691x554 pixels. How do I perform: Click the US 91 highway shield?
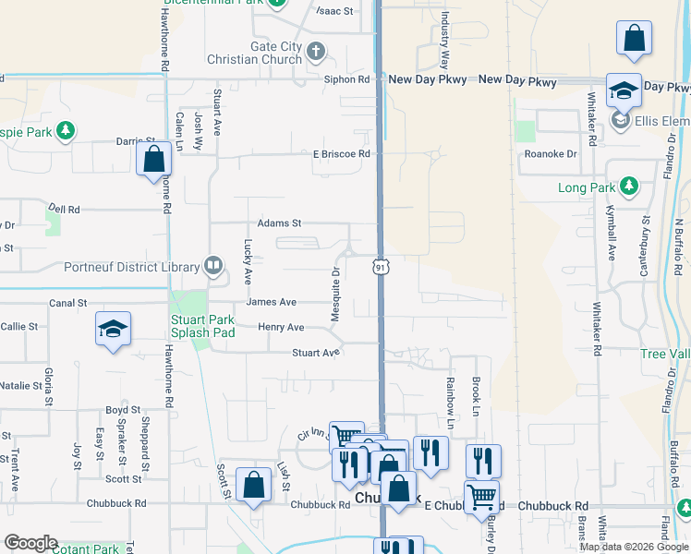380,266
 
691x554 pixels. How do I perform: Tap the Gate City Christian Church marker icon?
316,51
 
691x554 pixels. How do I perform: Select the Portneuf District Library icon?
213,266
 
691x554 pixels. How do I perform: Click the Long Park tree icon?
629,187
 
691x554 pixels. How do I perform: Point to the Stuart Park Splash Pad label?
203,327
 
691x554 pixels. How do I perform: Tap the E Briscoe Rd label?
341,153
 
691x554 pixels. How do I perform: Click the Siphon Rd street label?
346,79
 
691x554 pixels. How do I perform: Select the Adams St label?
280,223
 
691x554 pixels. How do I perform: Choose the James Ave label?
271,302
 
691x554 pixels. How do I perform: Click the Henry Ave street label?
281,327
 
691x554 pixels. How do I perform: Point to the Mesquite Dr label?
336,295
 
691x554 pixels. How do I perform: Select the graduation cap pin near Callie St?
113,329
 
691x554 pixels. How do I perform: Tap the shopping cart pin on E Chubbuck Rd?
481,497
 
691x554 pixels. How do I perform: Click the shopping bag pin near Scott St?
253,486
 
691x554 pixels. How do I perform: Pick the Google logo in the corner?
30,543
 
